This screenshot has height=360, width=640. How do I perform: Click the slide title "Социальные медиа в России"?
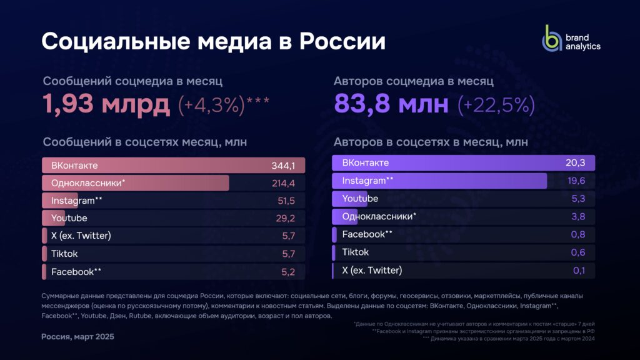tap(213, 41)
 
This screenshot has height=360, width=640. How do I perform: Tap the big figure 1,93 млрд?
tap(106, 104)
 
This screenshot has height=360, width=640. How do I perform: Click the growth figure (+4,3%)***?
tap(224, 104)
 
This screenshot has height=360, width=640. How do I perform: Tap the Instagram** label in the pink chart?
tap(77, 201)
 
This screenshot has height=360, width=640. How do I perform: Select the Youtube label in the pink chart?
tap(69, 218)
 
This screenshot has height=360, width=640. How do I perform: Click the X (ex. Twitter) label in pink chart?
tap(81, 236)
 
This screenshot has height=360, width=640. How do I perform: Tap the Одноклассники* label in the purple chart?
tap(379, 216)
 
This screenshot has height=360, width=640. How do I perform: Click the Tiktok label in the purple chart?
tap(355, 252)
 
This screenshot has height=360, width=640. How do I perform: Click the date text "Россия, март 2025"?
tap(77, 337)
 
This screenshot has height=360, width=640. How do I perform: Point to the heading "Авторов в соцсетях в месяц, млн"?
tap(431, 142)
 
